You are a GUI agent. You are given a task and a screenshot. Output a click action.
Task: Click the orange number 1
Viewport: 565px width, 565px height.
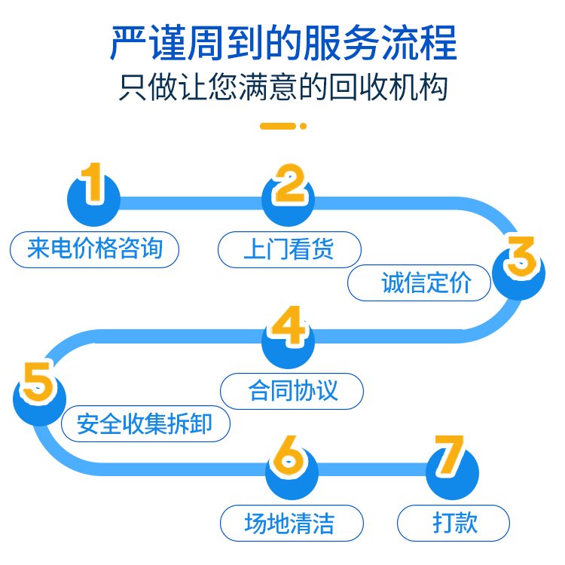click(92, 183)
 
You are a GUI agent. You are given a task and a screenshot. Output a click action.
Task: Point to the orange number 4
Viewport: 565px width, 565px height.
click(287, 326)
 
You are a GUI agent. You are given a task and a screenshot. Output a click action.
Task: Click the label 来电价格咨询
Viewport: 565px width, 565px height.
click(95, 249)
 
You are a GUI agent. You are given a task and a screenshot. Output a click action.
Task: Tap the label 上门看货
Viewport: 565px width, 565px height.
click(289, 249)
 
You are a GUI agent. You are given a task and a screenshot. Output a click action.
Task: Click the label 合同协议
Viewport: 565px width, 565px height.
click(292, 391)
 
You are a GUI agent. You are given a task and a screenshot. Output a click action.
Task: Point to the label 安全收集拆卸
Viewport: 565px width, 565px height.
click(145, 426)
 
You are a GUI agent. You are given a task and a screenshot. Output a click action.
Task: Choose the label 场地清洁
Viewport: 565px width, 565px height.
click(291, 522)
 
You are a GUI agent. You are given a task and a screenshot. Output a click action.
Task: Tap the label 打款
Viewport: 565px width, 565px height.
click(454, 522)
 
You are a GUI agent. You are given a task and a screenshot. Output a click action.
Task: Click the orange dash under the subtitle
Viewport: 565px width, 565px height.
click(277, 126)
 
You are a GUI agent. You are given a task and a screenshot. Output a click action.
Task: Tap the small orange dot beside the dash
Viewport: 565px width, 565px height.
click(303, 126)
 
